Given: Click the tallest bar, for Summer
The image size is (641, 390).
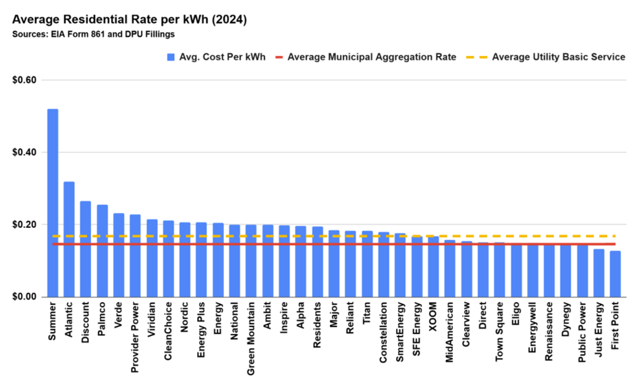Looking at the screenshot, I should [53, 203].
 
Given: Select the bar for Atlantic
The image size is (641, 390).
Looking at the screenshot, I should [69, 239].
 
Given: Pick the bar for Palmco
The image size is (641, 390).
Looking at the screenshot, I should [103, 251].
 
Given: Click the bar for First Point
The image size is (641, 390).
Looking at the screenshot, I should [615, 274].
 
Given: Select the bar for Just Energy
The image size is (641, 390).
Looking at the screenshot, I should [598, 273].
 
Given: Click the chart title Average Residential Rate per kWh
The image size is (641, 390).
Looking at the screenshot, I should [129, 20].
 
